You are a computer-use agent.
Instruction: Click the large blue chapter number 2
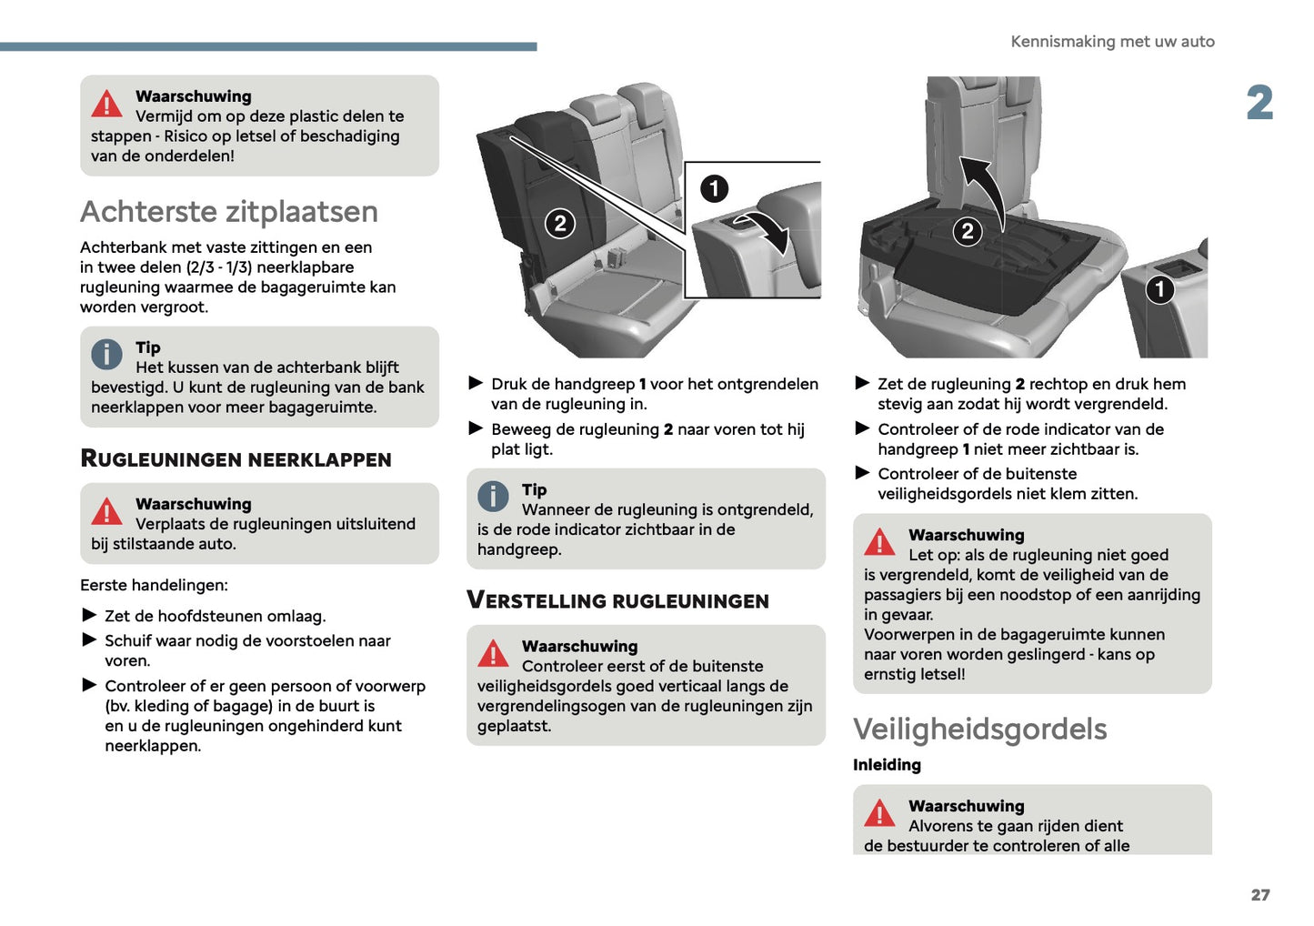(1259, 103)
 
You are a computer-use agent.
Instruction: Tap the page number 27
(1259, 895)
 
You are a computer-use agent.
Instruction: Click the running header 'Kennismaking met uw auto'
(1111, 42)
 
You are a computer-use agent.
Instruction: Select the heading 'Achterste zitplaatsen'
(229, 212)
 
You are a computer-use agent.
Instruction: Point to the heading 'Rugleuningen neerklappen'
(236, 459)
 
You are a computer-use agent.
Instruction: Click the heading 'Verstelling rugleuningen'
(617, 601)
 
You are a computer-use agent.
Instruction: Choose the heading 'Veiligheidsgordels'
(979, 730)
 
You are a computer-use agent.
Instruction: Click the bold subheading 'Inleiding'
(887, 765)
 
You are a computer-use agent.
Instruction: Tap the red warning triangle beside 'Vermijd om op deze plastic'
(106, 105)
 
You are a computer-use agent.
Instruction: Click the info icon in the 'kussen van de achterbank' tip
(106, 354)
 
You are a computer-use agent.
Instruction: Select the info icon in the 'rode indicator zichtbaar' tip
(493, 496)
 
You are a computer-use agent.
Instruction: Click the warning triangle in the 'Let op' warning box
(879, 542)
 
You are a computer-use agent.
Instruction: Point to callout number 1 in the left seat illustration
(714, 188)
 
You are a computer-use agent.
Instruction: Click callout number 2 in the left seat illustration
(560, 223)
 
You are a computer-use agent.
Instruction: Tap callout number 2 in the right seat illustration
(968, 231)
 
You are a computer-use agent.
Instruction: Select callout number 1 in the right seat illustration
(1159, 289)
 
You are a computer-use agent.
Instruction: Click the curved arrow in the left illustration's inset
(766, 231)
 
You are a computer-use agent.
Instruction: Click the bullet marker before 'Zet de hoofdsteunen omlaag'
(89, 616)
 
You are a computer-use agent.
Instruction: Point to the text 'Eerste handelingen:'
(154, 585)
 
